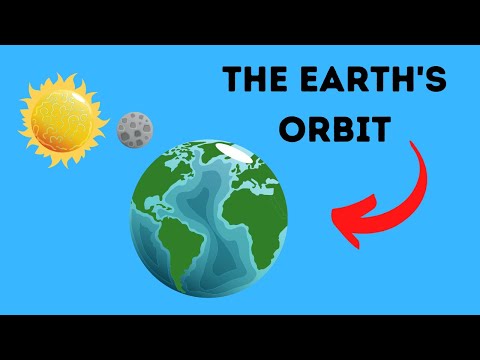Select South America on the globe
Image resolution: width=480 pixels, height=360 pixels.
pos(173,239)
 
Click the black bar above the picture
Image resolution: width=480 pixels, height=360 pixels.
pos(240,22)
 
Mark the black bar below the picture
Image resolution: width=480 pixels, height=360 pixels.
pos(240,337)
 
